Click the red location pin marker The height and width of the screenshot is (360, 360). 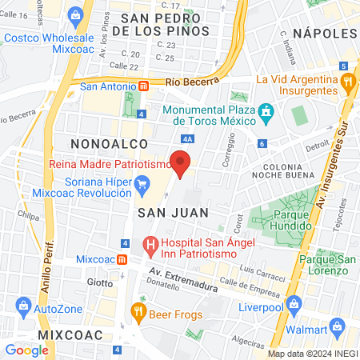[182, 165]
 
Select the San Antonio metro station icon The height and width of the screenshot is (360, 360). [143, 86]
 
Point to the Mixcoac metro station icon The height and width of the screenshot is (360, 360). [122, 259]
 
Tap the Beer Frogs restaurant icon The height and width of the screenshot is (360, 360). [139, 311]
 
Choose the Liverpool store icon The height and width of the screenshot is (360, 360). [294, 304]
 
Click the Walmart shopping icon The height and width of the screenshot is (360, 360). [341, 329]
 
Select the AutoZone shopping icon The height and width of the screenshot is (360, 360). [24, 306]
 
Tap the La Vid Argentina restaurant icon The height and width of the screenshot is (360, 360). [346, 80]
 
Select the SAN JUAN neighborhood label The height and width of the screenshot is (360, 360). [173, 212]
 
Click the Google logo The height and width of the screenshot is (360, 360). [26, 350]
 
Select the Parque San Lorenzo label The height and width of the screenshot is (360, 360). [326, 266]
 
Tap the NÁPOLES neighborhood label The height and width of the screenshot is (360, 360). [323, 33]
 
